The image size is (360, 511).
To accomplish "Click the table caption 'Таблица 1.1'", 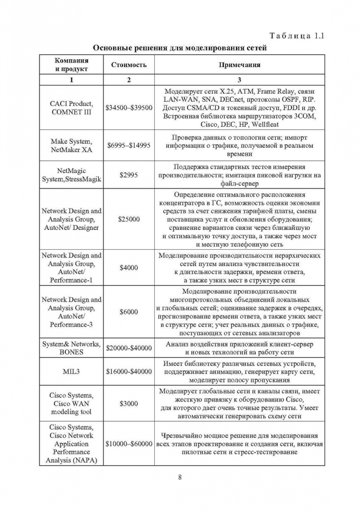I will pos(297,36).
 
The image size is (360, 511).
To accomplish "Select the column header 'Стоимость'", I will pos(129,65).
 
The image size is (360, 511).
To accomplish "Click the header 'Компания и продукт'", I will pos(71,65).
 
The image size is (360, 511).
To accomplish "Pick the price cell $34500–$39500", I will pos(129,108).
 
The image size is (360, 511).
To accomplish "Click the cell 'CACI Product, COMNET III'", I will pos(71,108).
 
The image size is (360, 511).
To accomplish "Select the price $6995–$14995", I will pos(129,145).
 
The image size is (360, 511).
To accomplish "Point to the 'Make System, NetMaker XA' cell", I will pos(71,145).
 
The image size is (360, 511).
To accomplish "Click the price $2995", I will pos(129,175).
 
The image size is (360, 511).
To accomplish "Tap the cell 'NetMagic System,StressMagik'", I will pos(71,175).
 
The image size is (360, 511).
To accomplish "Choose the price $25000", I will pos(129,219).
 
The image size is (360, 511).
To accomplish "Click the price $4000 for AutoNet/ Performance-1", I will pos(129,267).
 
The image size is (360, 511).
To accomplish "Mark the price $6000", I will pos(129,312).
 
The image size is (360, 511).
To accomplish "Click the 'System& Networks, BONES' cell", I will pos(71,348).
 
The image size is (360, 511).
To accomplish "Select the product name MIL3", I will pos(71,371).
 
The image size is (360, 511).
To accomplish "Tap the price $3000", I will pos(129,404).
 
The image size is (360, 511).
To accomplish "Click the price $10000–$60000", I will pos(129,444).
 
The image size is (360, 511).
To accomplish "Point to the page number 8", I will pos(180,476).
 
